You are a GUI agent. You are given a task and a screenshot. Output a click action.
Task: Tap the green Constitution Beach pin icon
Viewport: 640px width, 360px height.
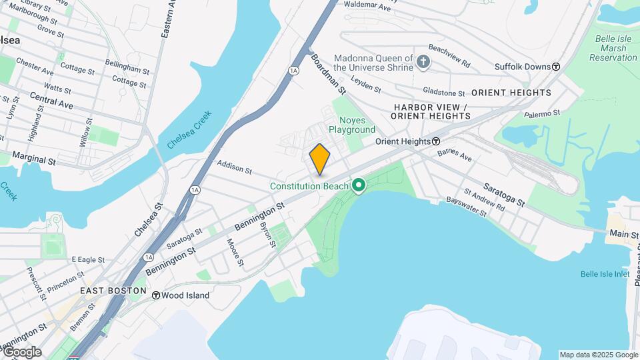click(359, 185)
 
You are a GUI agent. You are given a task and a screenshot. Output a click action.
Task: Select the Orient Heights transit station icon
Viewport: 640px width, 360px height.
click(436, 141)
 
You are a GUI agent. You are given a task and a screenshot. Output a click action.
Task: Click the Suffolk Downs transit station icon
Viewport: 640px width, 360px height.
click(556, 67)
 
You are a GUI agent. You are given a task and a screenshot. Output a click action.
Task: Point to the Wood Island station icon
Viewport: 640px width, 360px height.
click(155, 295)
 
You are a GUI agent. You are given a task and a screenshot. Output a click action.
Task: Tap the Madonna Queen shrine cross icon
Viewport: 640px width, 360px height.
click(423, 63)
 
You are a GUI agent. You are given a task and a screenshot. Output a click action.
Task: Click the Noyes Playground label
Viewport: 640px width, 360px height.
click(351, 124)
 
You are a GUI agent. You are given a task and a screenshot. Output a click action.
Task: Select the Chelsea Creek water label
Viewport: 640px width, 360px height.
click(189, 134)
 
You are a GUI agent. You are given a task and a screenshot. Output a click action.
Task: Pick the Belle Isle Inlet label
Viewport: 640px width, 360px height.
click(605, 274)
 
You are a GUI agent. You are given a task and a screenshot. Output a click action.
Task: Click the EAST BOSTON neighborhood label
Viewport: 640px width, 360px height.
click(113, 291)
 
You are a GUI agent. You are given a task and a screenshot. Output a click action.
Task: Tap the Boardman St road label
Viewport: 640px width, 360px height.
click(329, 73)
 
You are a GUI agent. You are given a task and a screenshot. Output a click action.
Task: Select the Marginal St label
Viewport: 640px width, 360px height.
click(33, 159)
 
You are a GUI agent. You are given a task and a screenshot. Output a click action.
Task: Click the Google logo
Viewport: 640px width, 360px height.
click(21, 351)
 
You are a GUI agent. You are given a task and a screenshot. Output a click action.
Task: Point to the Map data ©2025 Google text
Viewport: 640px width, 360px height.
click(598, 355)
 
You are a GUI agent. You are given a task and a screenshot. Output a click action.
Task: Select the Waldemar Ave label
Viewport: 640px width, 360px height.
click(367, 7)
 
